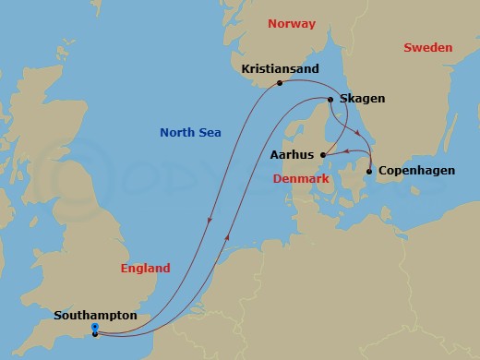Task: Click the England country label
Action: (x=146, y=269)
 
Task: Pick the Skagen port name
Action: (x=363, y=99)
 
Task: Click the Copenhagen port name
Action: (x=413, y=172)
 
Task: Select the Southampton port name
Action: (x=95, y=316)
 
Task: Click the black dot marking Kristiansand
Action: (x=280, y=84)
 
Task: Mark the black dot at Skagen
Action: (x=330, y=100)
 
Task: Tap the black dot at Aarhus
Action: (x=322, y=154)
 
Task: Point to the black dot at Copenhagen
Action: (x=369, y=172)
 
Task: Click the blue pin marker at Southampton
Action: (x=95, y=329)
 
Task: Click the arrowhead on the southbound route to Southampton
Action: (x=211, y=221)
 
